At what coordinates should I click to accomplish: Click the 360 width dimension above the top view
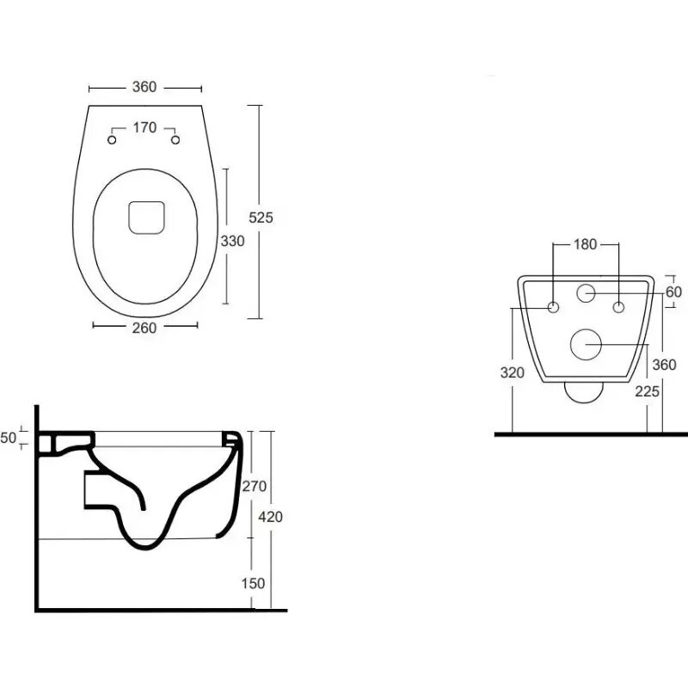click(x=144, y=87)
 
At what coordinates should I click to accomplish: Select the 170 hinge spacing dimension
click(x=144, y=127)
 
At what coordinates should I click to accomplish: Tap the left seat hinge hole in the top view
click(x=112, y=140)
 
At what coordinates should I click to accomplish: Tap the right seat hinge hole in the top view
click(x=175, y=140)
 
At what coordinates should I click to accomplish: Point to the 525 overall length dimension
click(x=261, y=218)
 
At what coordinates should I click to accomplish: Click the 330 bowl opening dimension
click(x=232, y=241)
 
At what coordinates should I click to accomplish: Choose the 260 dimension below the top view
click(x=144, y=328)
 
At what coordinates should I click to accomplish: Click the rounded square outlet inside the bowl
click(x=146, y=218)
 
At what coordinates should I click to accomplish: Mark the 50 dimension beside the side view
click(x=8, y=438)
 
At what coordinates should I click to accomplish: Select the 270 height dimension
click(x=255, y=486)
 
